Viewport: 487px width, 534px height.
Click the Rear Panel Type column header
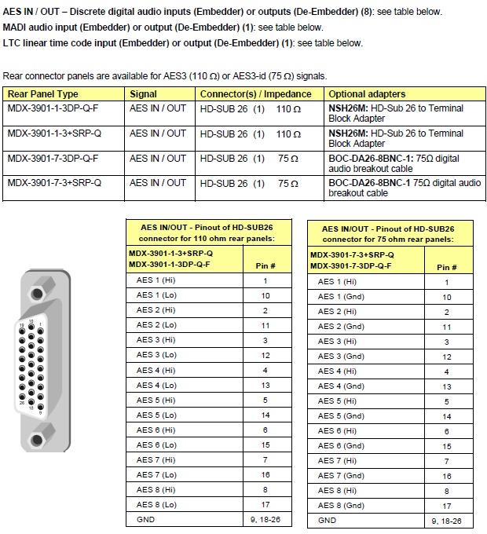42,93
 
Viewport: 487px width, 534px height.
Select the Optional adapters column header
365,93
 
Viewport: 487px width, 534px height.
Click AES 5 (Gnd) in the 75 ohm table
341,416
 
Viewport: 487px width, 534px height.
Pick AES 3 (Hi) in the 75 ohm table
337,342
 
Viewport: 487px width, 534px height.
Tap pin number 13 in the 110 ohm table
265,386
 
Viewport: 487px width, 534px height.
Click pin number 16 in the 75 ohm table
447,476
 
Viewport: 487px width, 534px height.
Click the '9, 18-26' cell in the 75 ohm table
446,521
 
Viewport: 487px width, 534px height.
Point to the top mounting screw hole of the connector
37,283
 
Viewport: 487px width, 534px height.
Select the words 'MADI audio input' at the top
44,27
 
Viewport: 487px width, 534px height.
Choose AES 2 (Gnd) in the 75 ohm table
341,327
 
